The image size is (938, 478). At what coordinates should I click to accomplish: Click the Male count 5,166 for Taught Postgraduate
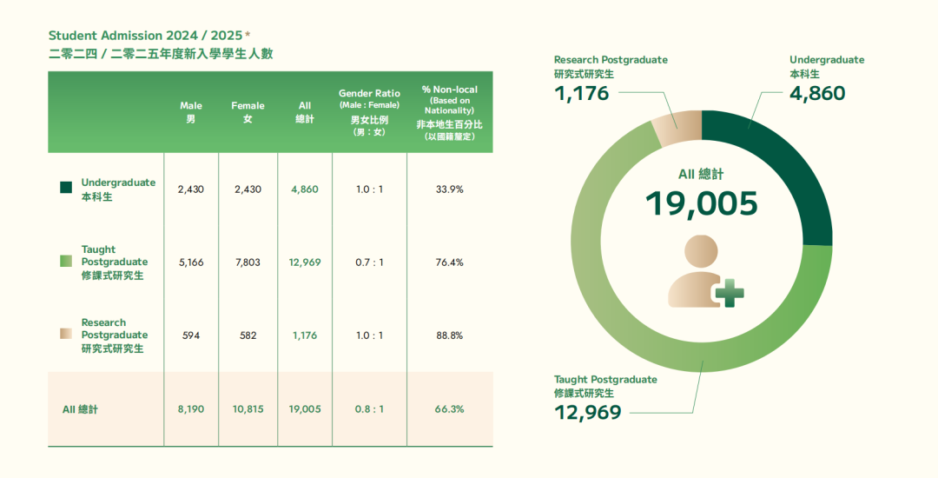point(190,262)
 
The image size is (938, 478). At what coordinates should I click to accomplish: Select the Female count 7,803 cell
point(248,262)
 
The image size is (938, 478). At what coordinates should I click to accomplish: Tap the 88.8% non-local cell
point(449,335)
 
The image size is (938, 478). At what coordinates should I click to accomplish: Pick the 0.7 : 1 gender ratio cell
point(369,262)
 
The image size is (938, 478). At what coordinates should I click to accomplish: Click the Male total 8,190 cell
point(190,409)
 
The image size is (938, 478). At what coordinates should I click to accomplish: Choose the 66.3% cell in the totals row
point(449,409)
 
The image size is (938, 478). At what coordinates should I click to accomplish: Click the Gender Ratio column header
point(369,112)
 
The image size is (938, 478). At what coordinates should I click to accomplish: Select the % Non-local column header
point(449,112)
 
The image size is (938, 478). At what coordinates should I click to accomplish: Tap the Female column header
point(248,112)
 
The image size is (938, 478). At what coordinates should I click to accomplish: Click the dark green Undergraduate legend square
point(66,188)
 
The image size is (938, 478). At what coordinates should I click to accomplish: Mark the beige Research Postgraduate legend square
point(66,335)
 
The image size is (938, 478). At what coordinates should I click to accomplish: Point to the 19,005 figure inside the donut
point(701,203)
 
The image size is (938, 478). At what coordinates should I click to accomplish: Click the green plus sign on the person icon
point(730,294)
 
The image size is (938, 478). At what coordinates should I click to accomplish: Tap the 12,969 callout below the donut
point(588,412)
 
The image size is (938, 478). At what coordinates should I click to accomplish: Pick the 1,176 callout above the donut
point(582,93)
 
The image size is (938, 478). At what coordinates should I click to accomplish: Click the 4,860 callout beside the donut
point(817,93)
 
